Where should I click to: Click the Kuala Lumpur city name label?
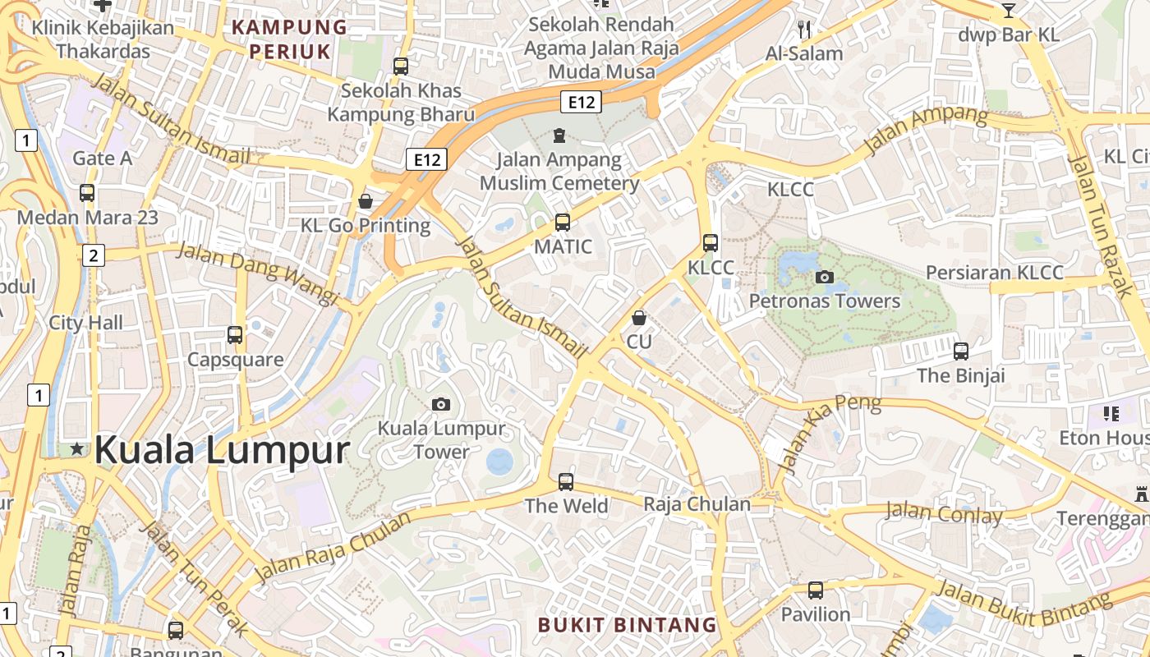click(222, 451)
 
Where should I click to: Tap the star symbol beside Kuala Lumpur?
click(77, 448)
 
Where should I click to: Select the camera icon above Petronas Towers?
click(825, 277)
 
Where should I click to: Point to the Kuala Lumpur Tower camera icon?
click(441, 404)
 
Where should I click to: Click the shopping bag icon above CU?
click(639, 317)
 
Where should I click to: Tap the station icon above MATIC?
click(563, 222)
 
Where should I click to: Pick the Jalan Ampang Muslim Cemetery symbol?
click(559, 135)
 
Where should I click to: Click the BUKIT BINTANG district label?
click(628, 625)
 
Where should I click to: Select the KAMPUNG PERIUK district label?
click(289, 39)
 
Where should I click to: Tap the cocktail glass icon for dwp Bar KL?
click(1009, 10)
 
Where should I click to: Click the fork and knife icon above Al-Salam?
click(804, 30)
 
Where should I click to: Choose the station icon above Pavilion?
click(815, 590)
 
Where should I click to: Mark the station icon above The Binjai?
click(961, 351)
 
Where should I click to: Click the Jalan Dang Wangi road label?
click(257, 273)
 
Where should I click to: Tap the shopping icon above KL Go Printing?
click(366, 201)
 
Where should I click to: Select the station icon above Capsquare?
click(235, 335)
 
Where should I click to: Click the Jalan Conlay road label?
click(944, 515)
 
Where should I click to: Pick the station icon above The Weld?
click(566, 482)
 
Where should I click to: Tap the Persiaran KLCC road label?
click(994, 273)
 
